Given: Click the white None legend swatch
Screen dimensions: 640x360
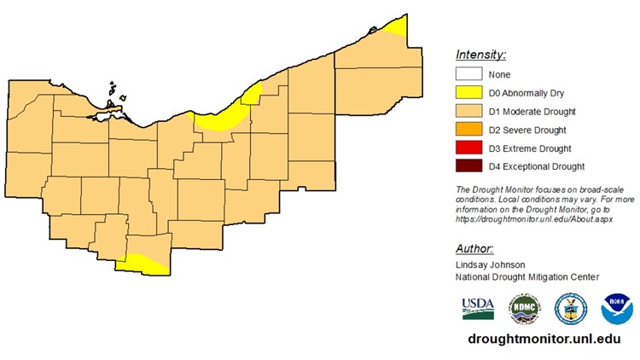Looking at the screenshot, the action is point(471,74).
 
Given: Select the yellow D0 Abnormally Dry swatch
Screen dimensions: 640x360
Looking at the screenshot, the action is point(471,93).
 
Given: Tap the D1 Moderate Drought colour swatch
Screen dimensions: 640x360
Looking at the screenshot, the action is point(471,111).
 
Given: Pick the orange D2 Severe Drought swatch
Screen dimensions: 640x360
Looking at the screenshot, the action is point(471,130).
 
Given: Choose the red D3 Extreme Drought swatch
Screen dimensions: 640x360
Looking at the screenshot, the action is point(471,148).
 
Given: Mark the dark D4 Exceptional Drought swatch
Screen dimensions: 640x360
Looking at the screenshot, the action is point(471,166).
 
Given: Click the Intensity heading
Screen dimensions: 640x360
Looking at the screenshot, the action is point(482,55).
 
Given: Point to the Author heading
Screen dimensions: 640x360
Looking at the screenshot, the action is point(474,248).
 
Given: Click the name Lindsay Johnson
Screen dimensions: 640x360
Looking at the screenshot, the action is point(491,264).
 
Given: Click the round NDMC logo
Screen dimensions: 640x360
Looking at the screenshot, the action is point(524,309).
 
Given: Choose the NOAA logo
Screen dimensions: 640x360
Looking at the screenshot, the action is point(617,309).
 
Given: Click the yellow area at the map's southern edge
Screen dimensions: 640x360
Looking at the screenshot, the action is point(141,264).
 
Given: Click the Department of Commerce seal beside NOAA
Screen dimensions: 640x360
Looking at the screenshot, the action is point(569,309).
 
